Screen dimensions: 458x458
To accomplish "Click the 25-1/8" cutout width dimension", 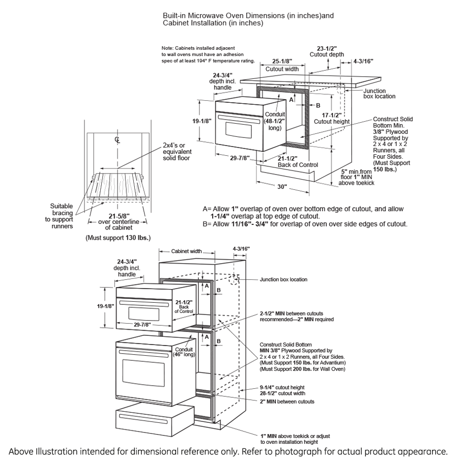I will (x=281, y=61).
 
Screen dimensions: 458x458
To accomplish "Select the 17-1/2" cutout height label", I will (x=332, y=115).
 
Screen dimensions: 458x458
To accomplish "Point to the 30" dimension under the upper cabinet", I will (x=282, y=186).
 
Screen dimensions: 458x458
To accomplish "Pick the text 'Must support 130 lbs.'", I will (x=118, y=238).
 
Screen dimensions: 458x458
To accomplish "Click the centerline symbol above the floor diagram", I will (x=117, y=139).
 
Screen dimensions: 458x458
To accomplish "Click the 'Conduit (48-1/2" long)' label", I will (x=275, y=121).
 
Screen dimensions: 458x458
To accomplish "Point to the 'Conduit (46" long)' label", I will (x=184, y=351).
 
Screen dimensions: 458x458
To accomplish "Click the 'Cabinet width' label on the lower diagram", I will (x=186, y=251).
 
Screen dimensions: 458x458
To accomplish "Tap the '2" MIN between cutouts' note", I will (x=287, y=402).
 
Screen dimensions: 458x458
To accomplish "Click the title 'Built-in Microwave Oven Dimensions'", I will (x=248, y=16).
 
